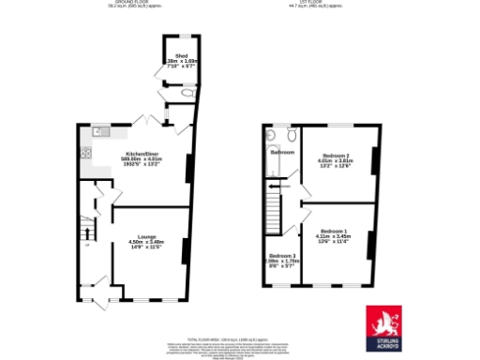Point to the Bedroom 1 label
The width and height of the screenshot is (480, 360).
coord(333,231)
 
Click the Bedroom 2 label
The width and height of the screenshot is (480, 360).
coord(336,155)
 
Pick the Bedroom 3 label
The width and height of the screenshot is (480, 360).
coord(281,256)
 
